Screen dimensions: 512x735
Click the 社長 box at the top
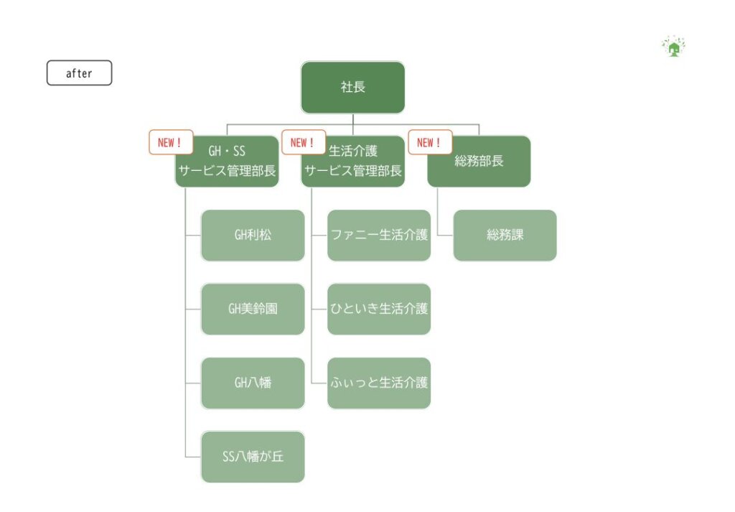point(352,88)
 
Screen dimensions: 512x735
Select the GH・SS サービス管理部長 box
point(227,162)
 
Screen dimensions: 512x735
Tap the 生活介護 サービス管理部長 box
point(353,162)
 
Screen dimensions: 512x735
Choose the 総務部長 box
point(479,162)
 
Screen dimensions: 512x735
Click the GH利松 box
point(253,236)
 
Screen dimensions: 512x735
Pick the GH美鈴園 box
point(253,309)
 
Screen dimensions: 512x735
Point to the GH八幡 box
point(253,383)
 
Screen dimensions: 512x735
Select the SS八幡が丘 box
point(253,457)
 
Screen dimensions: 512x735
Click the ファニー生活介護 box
point(379,236)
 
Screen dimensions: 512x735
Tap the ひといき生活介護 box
point(379,309)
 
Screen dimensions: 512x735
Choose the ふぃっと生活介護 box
point(379,383)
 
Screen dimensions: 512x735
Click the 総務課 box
point(505,236)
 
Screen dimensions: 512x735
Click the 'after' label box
point(79,73)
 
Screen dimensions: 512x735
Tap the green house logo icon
point(673,47)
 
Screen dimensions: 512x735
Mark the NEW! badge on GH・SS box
point(171,142)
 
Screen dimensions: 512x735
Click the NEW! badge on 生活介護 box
point(303,142)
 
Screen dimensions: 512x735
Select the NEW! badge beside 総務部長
point(430,142)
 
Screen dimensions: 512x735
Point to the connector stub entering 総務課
point(445,236)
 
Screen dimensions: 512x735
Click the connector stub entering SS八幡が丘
point(193,457)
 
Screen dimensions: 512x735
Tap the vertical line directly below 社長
point(353,119)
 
